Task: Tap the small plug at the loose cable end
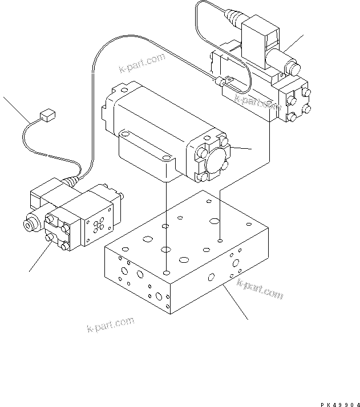point(48,117)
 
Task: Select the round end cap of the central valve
point(213,159)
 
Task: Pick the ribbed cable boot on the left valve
point(71,182)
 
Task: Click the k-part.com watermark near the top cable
point(142,63)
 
